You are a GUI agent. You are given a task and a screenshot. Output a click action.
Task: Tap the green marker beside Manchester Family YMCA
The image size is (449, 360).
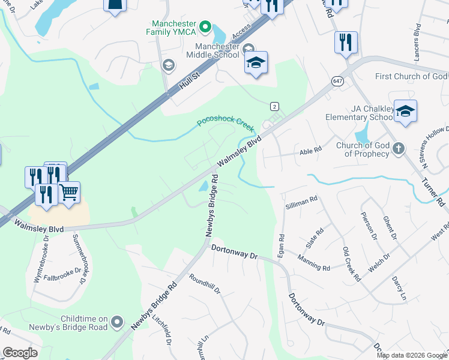(x=205, y=26)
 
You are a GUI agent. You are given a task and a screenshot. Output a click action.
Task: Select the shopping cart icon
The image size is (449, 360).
(x=69, y=193)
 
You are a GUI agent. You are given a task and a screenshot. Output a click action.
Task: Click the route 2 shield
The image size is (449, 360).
(x=274, y=106)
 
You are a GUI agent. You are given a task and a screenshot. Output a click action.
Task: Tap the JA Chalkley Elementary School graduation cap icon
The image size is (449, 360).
(x=405, y=111)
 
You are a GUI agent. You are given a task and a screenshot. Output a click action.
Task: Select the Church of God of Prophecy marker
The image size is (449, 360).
(x=398, y=149)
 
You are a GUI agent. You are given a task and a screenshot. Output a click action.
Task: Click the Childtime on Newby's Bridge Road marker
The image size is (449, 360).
(x=117, y=322)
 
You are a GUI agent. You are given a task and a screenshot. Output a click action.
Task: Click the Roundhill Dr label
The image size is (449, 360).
(x=205, y=285)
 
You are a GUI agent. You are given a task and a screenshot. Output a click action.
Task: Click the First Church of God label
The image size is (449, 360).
(x=411, y=76)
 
